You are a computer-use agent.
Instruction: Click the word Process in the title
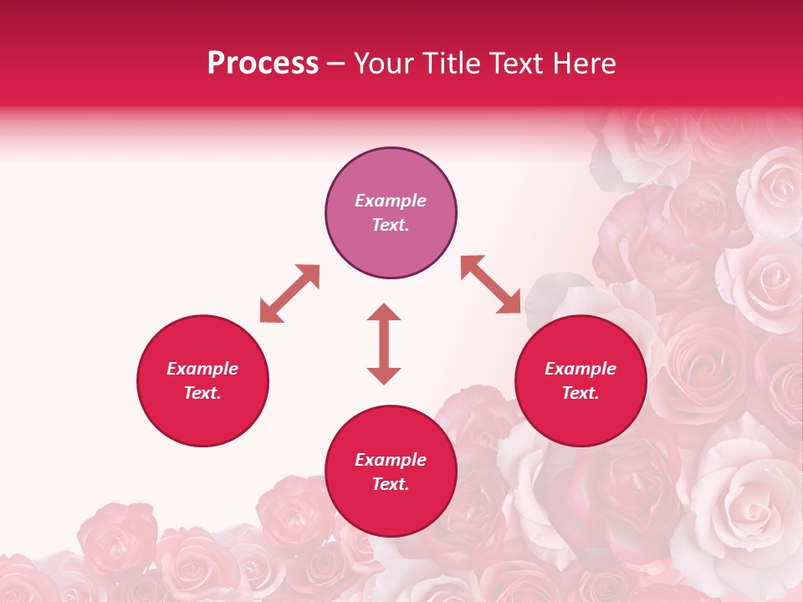point(263,64)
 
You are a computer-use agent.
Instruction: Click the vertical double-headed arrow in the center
point(384,344)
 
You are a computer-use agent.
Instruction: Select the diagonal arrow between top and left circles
point(289,293)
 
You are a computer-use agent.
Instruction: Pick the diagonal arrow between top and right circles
point(490,284)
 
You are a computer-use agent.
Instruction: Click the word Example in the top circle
point(391,201)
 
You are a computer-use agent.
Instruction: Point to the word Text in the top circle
point(391,225)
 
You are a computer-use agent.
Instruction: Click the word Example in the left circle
point(202,369)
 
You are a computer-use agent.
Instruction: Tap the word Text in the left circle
point(202,393)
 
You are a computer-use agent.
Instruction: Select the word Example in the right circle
point(581,369)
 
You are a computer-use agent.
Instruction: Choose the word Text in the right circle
point(581,393)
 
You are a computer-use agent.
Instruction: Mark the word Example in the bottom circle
point(391,460)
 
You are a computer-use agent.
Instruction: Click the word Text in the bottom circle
point(391,484)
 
